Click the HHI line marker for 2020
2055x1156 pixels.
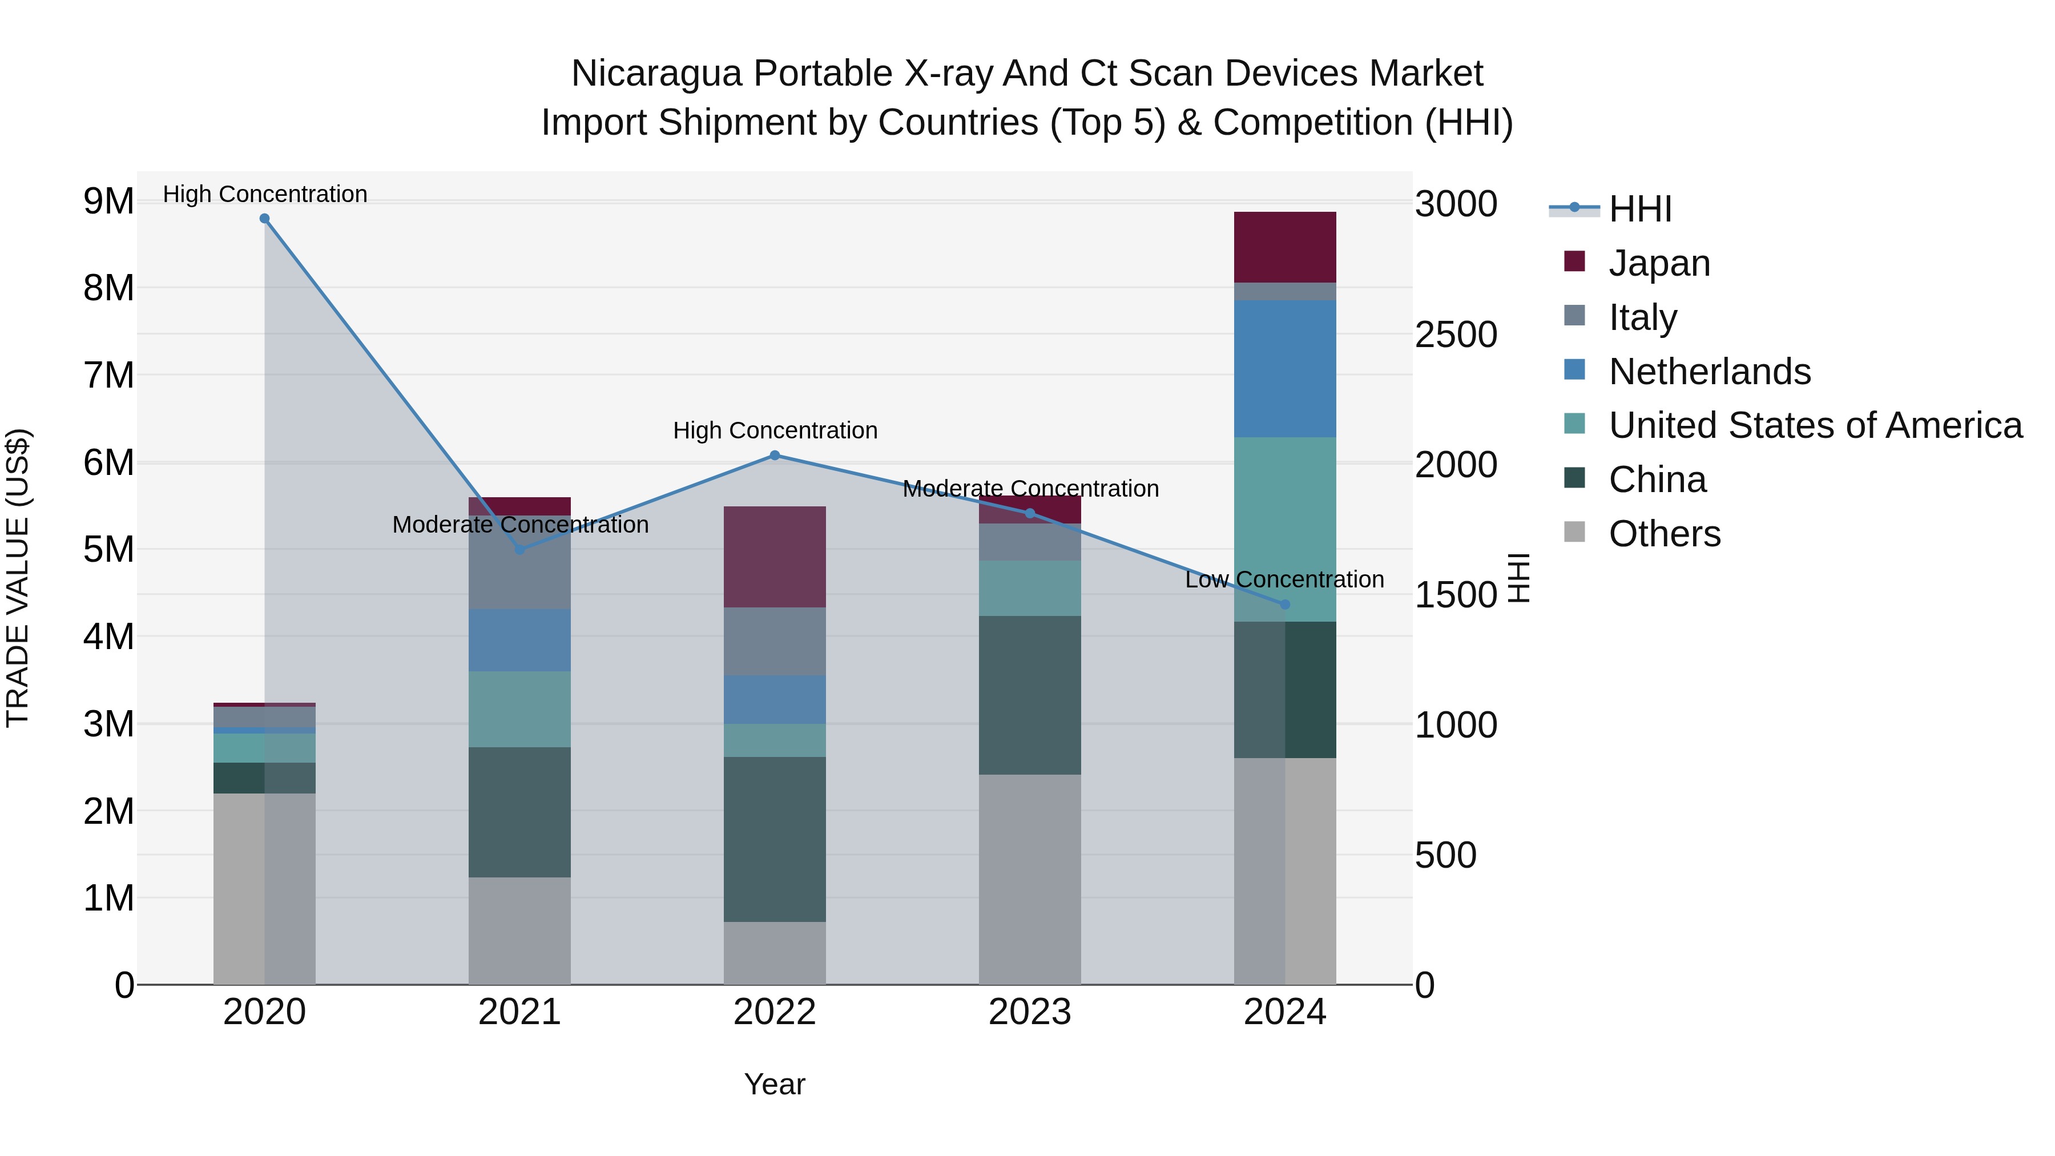[265, 219]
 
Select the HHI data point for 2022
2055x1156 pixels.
[775, 456]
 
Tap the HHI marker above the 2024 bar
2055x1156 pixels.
[1284, 605]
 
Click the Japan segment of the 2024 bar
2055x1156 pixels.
[1284, 247]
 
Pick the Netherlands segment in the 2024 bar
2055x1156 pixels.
[1284, 369]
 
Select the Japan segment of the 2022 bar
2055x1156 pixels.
[775, 557]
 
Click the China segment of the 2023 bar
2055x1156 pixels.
[1029, 695]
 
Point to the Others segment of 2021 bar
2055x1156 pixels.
[519, 931]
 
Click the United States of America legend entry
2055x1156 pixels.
[1815, 425]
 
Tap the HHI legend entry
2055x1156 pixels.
[1639, 209]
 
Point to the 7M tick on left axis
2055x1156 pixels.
[108, 375]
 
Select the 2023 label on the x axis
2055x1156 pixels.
[1029, 1012]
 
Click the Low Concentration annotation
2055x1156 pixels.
[1284, 579]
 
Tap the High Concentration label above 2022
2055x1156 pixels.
[775, 431]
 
